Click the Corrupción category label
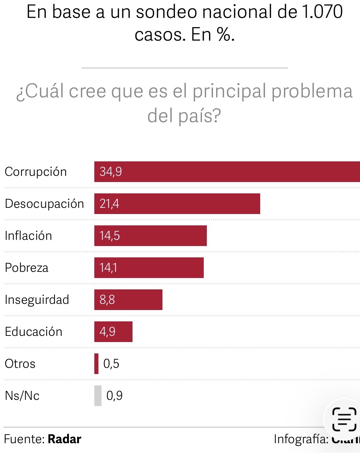[x=36, y=172]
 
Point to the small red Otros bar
[x=96, y=364]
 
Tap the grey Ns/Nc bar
[x=98, y=396]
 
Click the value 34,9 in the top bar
[x=111, y=171]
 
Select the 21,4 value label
[x=109, y=204]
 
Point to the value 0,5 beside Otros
[x=111, y=364]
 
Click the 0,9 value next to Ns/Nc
[x=114, y=396]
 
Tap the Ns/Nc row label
[x=22, y=396]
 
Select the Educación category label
[x=33, y=332]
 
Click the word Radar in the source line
[x=64, y=439]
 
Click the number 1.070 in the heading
[x=322, y=12]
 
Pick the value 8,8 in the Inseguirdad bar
[x=107, y=300]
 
